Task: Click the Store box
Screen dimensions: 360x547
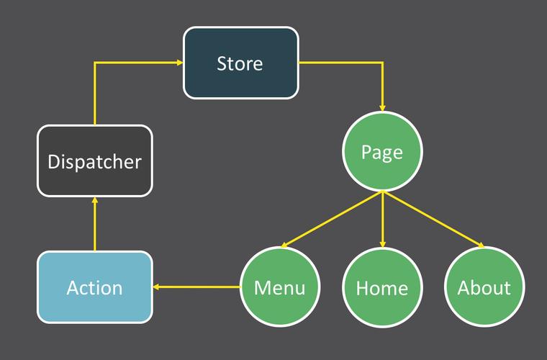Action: [x=240, y=63]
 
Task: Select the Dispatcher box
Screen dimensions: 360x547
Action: [x=94, y=161]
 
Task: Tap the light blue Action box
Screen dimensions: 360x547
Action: [x=94, y=287]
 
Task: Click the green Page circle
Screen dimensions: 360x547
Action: [x=382, y=152]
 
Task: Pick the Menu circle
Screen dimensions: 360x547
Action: [x=279, y=287]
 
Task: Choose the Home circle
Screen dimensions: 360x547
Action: [x=382, y=287]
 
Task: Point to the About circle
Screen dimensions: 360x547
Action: [x=484, y=287]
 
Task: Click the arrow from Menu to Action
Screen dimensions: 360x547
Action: [x=198, y=287]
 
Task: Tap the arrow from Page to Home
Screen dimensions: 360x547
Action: [x=382, y=220]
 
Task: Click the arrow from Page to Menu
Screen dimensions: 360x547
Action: [x=331, y=220]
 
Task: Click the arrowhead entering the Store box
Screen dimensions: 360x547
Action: [x=179, y=63]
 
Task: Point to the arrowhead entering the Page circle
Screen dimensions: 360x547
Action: [x=382, y=107]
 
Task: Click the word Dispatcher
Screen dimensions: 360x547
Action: [x=94, y=161]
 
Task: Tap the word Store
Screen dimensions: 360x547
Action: [x=240, y=63]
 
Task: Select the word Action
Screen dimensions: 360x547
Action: [x=94, y=288]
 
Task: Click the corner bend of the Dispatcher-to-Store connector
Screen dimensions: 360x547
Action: [x=94, y=63]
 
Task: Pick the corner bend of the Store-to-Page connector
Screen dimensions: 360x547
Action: [x=382, y=63]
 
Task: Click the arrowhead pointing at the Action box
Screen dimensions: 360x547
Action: [x=157, y=287]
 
